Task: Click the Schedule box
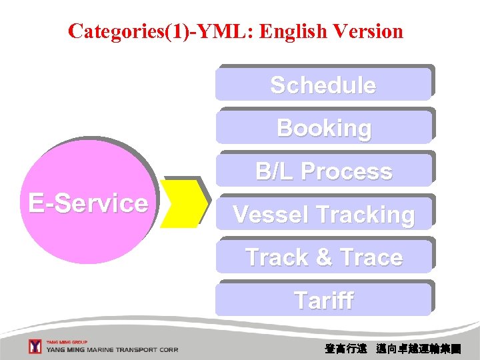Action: pos(323,85)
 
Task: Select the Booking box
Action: pos(323,128)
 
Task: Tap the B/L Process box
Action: pos(323,171)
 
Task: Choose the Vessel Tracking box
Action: pos(323,215)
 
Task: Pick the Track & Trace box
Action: pos(323,257)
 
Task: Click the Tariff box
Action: pos(323,301)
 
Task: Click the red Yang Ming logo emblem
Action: pos(35,347)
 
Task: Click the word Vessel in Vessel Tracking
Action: pos(271,215)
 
